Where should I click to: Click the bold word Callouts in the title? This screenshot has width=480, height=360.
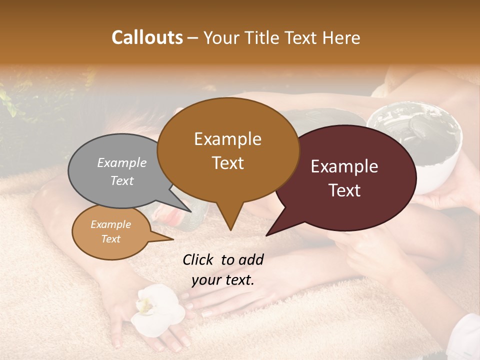[147, 37]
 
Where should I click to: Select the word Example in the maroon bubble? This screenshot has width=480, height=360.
[344, 167]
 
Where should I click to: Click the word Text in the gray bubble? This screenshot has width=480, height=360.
[122, 180]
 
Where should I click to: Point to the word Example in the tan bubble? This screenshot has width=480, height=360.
[110, 224]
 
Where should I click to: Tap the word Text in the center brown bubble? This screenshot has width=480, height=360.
[228, 163]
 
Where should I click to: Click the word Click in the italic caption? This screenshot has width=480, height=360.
[198, 259]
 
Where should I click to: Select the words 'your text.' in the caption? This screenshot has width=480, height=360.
[223, 280]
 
